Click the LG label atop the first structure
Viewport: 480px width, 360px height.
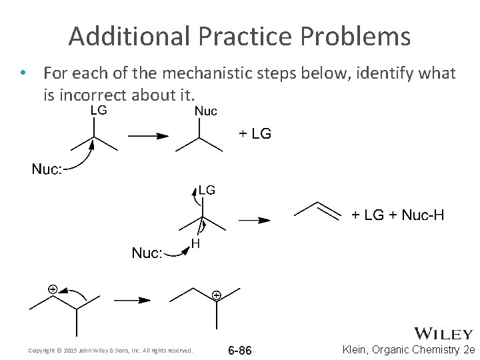click(98, 111)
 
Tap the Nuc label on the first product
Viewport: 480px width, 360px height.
click(205, 111)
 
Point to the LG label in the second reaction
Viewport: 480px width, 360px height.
click(207, 190)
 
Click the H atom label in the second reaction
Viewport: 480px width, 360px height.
click(196, 244)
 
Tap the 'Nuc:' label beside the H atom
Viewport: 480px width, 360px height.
click(147, 253)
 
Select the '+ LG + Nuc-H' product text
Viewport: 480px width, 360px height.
click(398, 215)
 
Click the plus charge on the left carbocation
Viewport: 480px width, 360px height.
click(51, 289)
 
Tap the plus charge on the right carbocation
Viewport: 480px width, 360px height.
click(216, 294)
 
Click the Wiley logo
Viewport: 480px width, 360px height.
click(444, 333)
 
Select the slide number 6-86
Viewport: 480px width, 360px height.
click(239, 350)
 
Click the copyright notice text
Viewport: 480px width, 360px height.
click(111, 350)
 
